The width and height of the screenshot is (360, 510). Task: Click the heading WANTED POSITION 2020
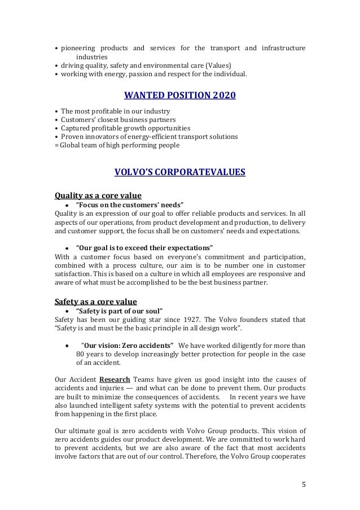coord(179,96)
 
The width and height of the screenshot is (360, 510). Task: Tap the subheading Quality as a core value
coord(98,196)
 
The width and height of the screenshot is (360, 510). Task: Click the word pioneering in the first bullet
coord(78,48)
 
